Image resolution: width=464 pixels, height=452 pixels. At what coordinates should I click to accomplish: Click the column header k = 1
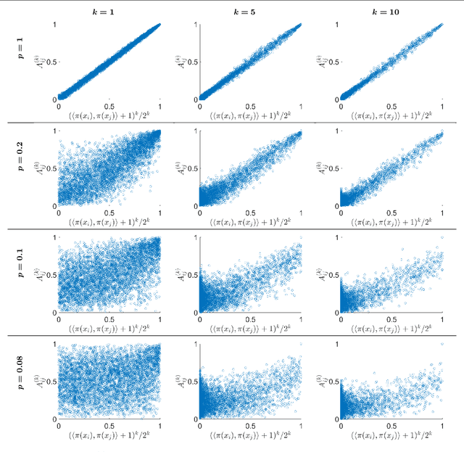coord(109,12)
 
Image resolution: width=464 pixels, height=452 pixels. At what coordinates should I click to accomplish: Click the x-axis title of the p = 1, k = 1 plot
coord(109,115)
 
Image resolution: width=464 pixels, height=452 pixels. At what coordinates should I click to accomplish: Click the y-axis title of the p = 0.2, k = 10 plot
coord(321,168)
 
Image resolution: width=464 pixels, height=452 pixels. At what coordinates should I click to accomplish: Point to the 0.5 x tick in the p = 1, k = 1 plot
coord(109,106)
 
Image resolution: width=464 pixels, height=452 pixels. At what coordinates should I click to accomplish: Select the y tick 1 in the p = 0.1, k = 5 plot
coord(195,238)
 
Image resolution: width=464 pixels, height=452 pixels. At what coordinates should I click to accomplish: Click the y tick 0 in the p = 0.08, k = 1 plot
coord(52,419)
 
